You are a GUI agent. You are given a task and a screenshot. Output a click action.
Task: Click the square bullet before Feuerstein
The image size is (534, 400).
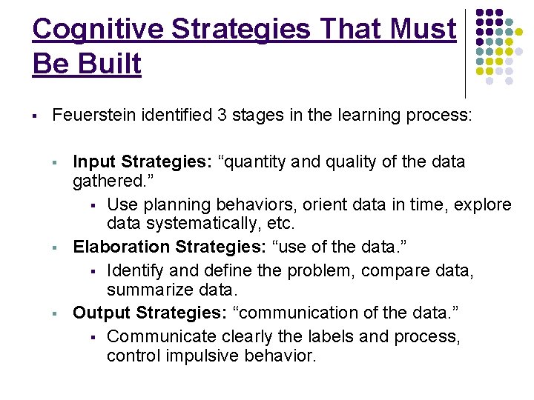click(x=34, y=116)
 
